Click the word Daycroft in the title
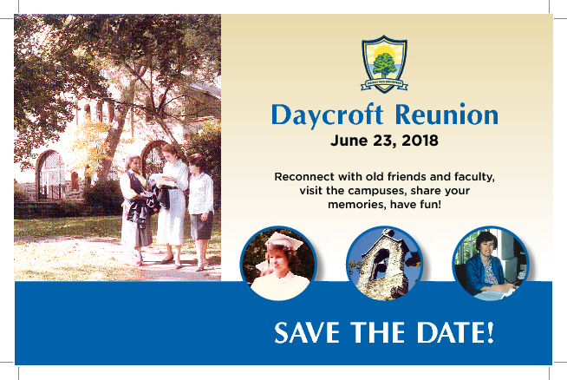click(327, 115)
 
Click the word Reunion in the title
click(447, 115)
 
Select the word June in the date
click(349, 141)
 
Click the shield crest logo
click(384, 64)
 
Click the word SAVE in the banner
click(307, 332)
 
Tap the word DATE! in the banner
click(455, 332)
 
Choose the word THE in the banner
click(378, 332)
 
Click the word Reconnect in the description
click(304, 177)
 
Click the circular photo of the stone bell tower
click(384, 264)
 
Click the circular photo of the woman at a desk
click(491, 264)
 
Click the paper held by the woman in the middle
click(161, 179)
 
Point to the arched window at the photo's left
click(49, 174)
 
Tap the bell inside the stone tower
click(381, 259)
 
